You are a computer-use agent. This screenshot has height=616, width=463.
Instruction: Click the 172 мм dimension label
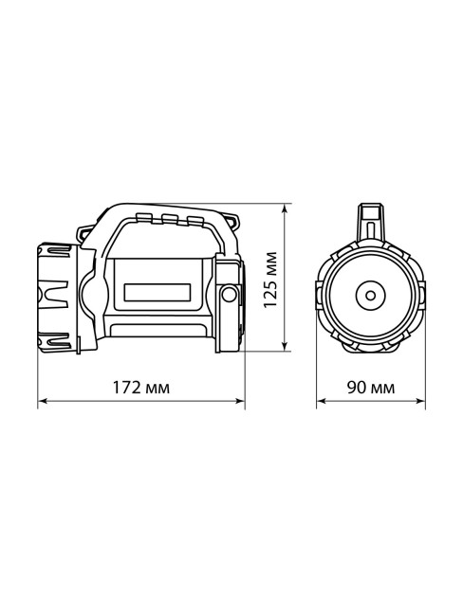pos(141,388)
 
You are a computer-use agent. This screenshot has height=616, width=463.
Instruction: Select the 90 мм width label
pos(371,388)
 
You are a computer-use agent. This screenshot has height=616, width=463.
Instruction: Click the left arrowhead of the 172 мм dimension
pos(41,402)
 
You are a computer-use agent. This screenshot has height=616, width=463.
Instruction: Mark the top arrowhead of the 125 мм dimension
pos(287,207)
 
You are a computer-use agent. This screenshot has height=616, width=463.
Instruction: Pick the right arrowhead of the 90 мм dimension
pos(422,402)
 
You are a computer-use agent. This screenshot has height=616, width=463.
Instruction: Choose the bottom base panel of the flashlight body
pos(159,331)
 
